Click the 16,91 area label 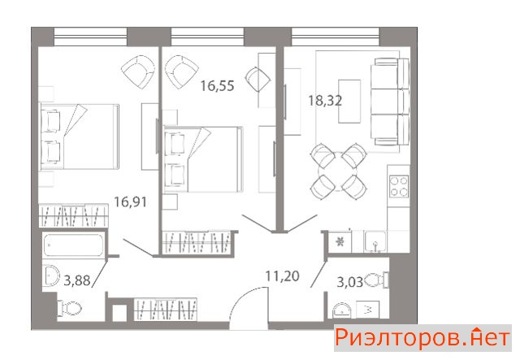130,202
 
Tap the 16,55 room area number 217,85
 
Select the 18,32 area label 325,100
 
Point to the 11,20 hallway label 283,275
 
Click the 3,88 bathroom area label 77,280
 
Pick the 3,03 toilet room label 350,283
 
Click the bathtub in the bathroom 73,245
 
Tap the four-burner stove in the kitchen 399,186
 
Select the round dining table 338,172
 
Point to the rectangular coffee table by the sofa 349,102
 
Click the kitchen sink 375,242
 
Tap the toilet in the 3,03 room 377,280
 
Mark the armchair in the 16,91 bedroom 138,72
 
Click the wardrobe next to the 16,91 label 73,216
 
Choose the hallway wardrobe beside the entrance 165,310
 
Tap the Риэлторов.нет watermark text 422,338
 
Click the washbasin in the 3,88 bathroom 50,275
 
